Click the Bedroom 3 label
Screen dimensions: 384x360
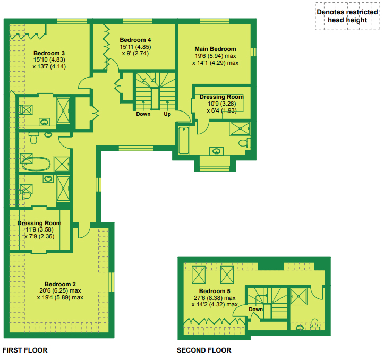coord(49,53)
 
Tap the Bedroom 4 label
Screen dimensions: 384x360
coord(135,40)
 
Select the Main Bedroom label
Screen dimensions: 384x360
coord(215,49)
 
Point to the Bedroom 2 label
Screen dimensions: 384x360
coord(60,284)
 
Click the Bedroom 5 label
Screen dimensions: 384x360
coord(215,291)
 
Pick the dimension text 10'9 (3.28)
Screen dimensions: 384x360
coord(221,104)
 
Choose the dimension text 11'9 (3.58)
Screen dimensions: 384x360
coord(39,230)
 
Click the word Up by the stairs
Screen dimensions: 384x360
coord(167,114)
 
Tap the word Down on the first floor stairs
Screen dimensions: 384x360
coord(143,114)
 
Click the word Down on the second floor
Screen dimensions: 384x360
coord(255,310)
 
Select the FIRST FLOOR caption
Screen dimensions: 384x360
coord(25,350)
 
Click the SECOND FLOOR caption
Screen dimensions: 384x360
coord(204,350)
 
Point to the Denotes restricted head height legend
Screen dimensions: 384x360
coord(347,16)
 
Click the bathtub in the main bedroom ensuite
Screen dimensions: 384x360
coord(184,140)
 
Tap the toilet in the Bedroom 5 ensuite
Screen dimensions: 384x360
coord(315,324)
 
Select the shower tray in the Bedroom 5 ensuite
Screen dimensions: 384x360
coord(298,297)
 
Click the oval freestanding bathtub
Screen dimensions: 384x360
coord(36,164)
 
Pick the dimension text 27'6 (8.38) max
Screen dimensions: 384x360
coord(215,298)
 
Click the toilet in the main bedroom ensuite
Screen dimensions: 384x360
coord(244,143)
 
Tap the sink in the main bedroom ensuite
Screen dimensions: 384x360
coord(216,151)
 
